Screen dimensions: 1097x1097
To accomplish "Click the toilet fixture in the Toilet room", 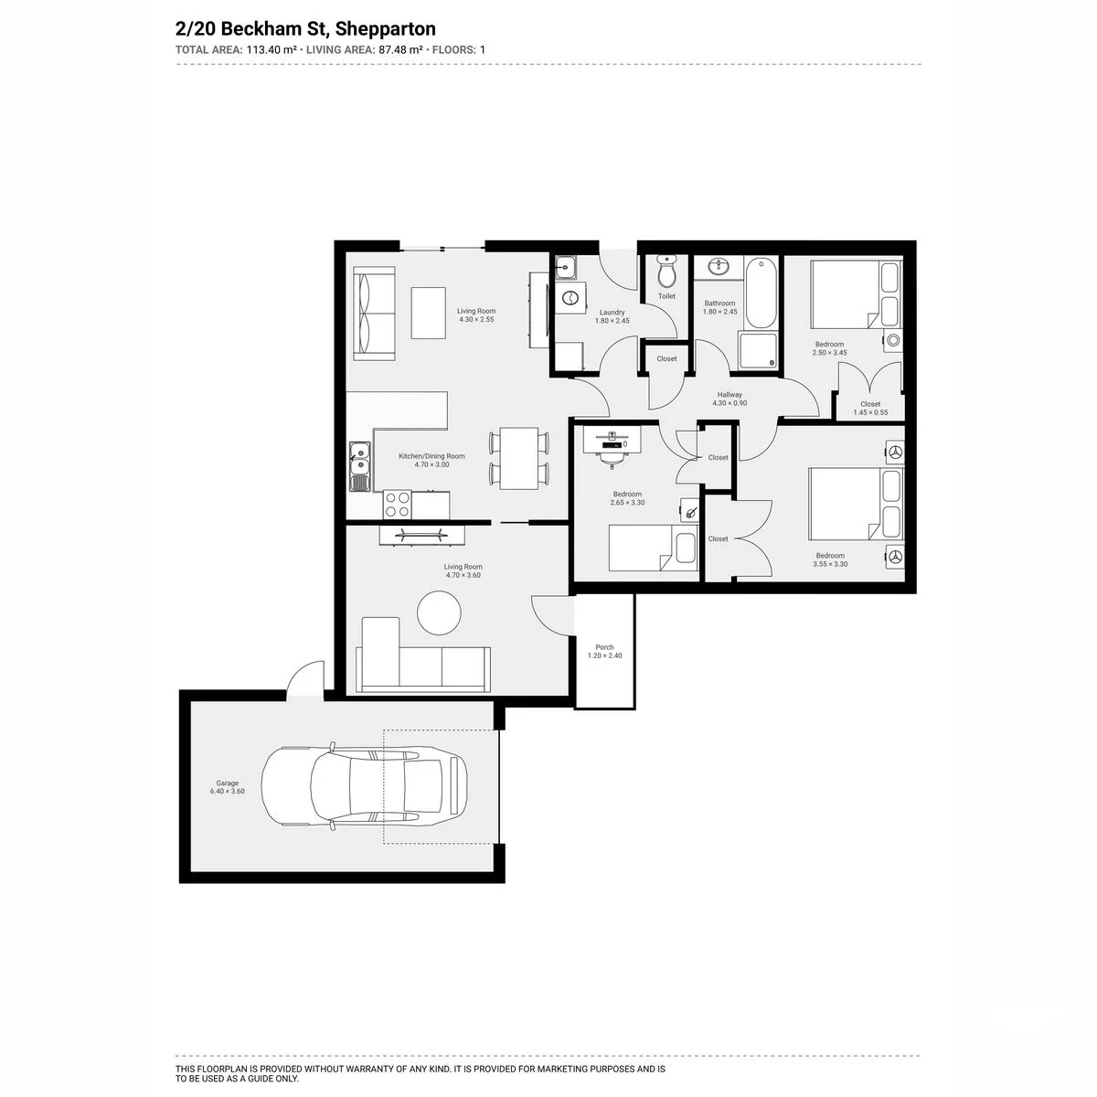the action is [x=666, y=272].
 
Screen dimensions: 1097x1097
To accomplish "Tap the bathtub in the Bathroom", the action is [x=761, y=293].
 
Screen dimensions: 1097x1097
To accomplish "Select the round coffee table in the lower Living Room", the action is [x=439, y=612].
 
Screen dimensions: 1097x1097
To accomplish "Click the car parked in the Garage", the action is [x=365, y=786].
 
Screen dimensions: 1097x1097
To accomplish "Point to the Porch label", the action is [x=604, y=647].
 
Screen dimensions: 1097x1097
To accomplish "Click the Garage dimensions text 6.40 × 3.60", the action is [x=227, y=792].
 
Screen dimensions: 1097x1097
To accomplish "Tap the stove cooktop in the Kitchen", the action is [x=397, y=505].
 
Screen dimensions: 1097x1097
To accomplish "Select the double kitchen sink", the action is [x=360, y=467].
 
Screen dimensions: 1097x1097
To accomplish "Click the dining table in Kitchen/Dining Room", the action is [x=519, y=458].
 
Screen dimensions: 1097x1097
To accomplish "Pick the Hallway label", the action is [x=730, y=395].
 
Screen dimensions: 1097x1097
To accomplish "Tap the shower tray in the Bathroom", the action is [x=758, y=351].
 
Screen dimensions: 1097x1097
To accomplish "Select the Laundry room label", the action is [x=612, y=313].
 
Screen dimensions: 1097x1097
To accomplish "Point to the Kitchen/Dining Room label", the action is [x=431, y=456].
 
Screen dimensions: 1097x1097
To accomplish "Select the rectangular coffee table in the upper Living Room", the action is [x=428, y=314].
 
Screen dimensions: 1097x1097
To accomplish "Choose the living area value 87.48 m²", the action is [x=400, y=49].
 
